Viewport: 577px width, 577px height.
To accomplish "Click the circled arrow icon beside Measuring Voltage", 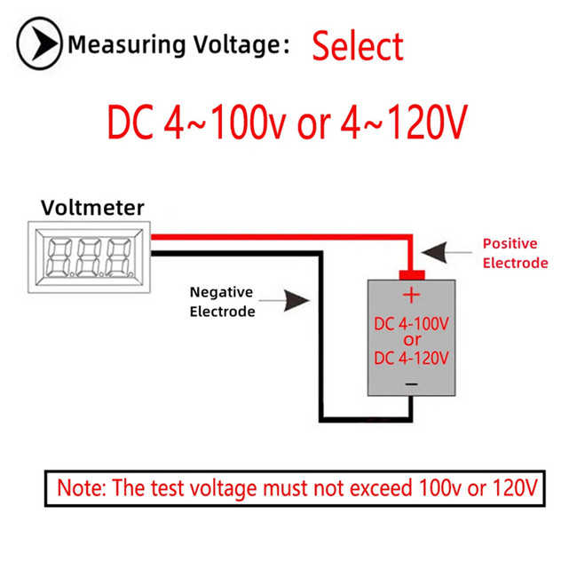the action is coord(39,43).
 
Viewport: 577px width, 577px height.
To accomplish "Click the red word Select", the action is coord(358,46).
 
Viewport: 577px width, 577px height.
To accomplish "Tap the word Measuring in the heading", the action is coord(127,45).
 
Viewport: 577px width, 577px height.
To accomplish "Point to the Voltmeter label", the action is coord(92,208).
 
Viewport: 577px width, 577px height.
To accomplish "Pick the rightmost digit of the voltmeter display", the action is coord(119,257).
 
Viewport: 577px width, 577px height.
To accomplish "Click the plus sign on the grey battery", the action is coord(411,295).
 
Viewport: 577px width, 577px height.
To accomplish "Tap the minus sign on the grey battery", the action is coord(411,384).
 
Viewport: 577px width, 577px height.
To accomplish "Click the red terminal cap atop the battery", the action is coord(412,275).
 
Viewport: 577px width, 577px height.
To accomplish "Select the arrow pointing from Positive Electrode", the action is coord(447,252).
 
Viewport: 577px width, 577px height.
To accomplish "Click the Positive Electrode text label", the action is coord(515,253).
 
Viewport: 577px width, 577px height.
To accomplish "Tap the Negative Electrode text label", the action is coord(222,302).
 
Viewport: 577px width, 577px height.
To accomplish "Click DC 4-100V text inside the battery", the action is coord(411,324).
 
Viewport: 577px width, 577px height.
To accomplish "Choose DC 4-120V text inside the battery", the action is coord(411,358).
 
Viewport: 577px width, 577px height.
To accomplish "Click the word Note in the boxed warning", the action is coord(82,488).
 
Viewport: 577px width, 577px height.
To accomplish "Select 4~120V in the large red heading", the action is coord(404,122).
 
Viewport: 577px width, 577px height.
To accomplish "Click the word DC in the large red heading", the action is coord(130,122).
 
